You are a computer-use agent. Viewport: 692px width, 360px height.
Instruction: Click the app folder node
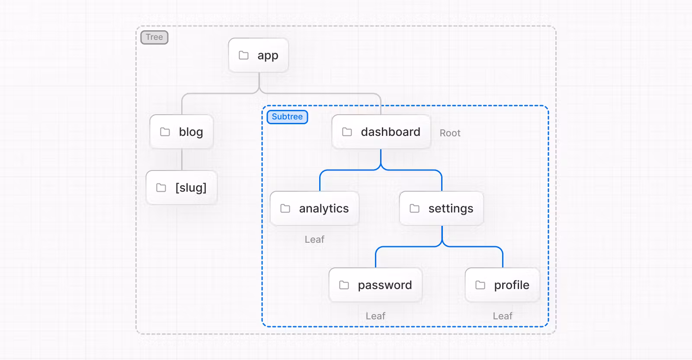[x=259, y=55]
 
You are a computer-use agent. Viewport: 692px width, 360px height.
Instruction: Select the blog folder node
[x=182, y=132]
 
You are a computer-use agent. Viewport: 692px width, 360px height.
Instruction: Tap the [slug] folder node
[x=182, y=187]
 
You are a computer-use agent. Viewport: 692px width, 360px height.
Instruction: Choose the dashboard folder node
[x=381, y=132]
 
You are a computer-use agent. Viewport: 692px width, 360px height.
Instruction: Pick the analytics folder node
[x=314, y=209]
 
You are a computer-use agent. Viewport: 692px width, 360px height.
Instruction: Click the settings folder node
[x=442, y=209]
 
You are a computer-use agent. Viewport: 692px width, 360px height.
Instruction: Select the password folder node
[x=375, y=285]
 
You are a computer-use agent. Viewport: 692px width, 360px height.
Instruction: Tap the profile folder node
[x=502, y=285]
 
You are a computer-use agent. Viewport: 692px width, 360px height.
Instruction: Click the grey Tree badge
[x=154, y=37]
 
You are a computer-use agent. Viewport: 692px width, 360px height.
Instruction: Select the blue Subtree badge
[x=287, y=117]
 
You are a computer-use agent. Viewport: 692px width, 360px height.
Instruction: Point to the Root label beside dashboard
[x=450, y=133]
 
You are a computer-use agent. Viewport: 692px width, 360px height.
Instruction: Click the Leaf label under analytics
[x=314, y=239]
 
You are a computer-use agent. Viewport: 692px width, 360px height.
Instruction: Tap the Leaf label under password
[x=375, y=316]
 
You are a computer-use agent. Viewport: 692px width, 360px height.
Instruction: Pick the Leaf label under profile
[x=502, y=316]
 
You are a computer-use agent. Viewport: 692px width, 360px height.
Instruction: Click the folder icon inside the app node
[x=244, y=55]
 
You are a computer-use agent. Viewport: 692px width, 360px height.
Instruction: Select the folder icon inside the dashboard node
[x=347, y=132]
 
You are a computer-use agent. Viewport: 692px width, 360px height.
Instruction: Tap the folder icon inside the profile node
[x=480, y=285]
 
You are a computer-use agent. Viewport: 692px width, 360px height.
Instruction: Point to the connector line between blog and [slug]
[x=182, y=160]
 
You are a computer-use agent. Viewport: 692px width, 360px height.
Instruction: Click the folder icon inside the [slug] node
[x=161, y=187]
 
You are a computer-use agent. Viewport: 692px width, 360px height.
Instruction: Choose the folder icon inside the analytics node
[x=285, y=209]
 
